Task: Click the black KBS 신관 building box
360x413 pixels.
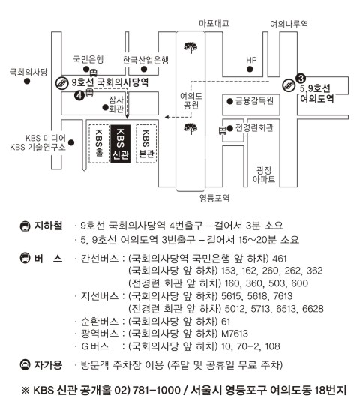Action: pos(121,144)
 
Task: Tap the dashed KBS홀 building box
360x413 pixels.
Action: pos(99,144)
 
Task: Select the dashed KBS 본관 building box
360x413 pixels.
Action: pos(146,144)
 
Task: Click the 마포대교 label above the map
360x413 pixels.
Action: pos(214,23)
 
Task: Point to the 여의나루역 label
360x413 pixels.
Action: pos(289,24)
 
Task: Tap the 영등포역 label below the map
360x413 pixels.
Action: pos(214,198)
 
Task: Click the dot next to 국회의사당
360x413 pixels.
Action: pos(27,81)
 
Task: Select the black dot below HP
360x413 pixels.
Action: pos(250,69)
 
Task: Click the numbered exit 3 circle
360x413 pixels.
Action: pos(301,79)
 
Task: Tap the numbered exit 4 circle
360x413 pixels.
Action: pos(79,95)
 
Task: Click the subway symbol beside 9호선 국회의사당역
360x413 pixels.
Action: pos(62,83)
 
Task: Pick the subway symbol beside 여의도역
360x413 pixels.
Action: pos(289,85)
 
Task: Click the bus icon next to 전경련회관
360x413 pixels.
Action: pos(223,130)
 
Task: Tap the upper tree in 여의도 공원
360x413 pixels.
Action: pos(190,48)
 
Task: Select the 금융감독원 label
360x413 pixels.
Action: pos(254,101)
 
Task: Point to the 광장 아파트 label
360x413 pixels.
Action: pos(264,175)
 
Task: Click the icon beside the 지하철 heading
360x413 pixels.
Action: pos(25,226)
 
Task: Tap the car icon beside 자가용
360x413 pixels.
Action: pos(25,365)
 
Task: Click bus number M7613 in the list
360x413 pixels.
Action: pos(235,334)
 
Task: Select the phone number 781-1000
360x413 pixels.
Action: pos(157,390)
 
